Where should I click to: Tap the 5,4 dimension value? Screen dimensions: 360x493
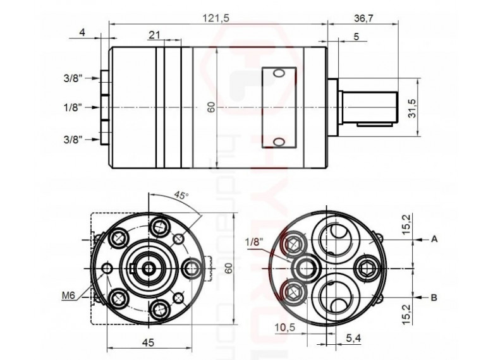coord(354,339)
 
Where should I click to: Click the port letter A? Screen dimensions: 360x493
coord(435,239)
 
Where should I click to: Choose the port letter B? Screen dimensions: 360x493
coord(435,296)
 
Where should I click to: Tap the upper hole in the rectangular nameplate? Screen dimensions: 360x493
coord(279,75)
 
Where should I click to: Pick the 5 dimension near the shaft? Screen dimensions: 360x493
coord(356,37)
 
